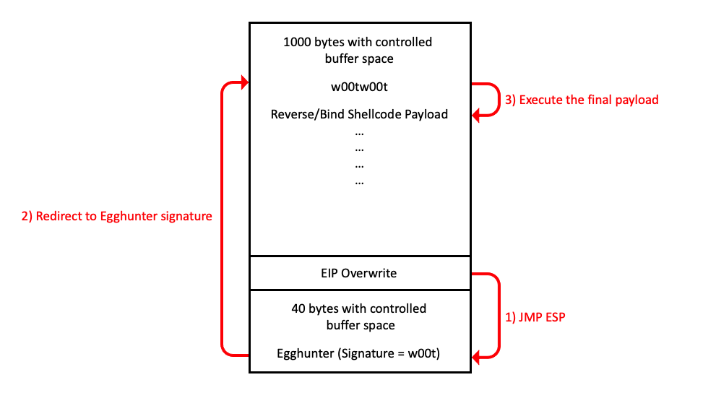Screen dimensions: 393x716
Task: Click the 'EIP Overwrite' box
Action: [x=359, y=273]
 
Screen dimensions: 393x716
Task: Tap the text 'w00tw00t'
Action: [x=359, y=87]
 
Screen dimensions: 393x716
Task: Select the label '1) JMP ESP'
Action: [x=534, y=316]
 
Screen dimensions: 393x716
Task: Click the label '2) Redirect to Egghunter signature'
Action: [x=117, y=215]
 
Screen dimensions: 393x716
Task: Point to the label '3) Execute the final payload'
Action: [x=582, y=100]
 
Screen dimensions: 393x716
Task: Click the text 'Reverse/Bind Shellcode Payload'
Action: [x=359, y=114]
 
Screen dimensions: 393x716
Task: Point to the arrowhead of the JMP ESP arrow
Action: [x=475, y=354]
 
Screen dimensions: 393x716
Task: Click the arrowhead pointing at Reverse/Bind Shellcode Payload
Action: [x=476, y=114]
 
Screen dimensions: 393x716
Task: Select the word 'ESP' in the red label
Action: [x=553, y=316]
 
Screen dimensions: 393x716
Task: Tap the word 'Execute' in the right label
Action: [x=540, y=100]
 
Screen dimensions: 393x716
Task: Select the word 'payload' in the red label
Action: [x=637, y=100]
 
